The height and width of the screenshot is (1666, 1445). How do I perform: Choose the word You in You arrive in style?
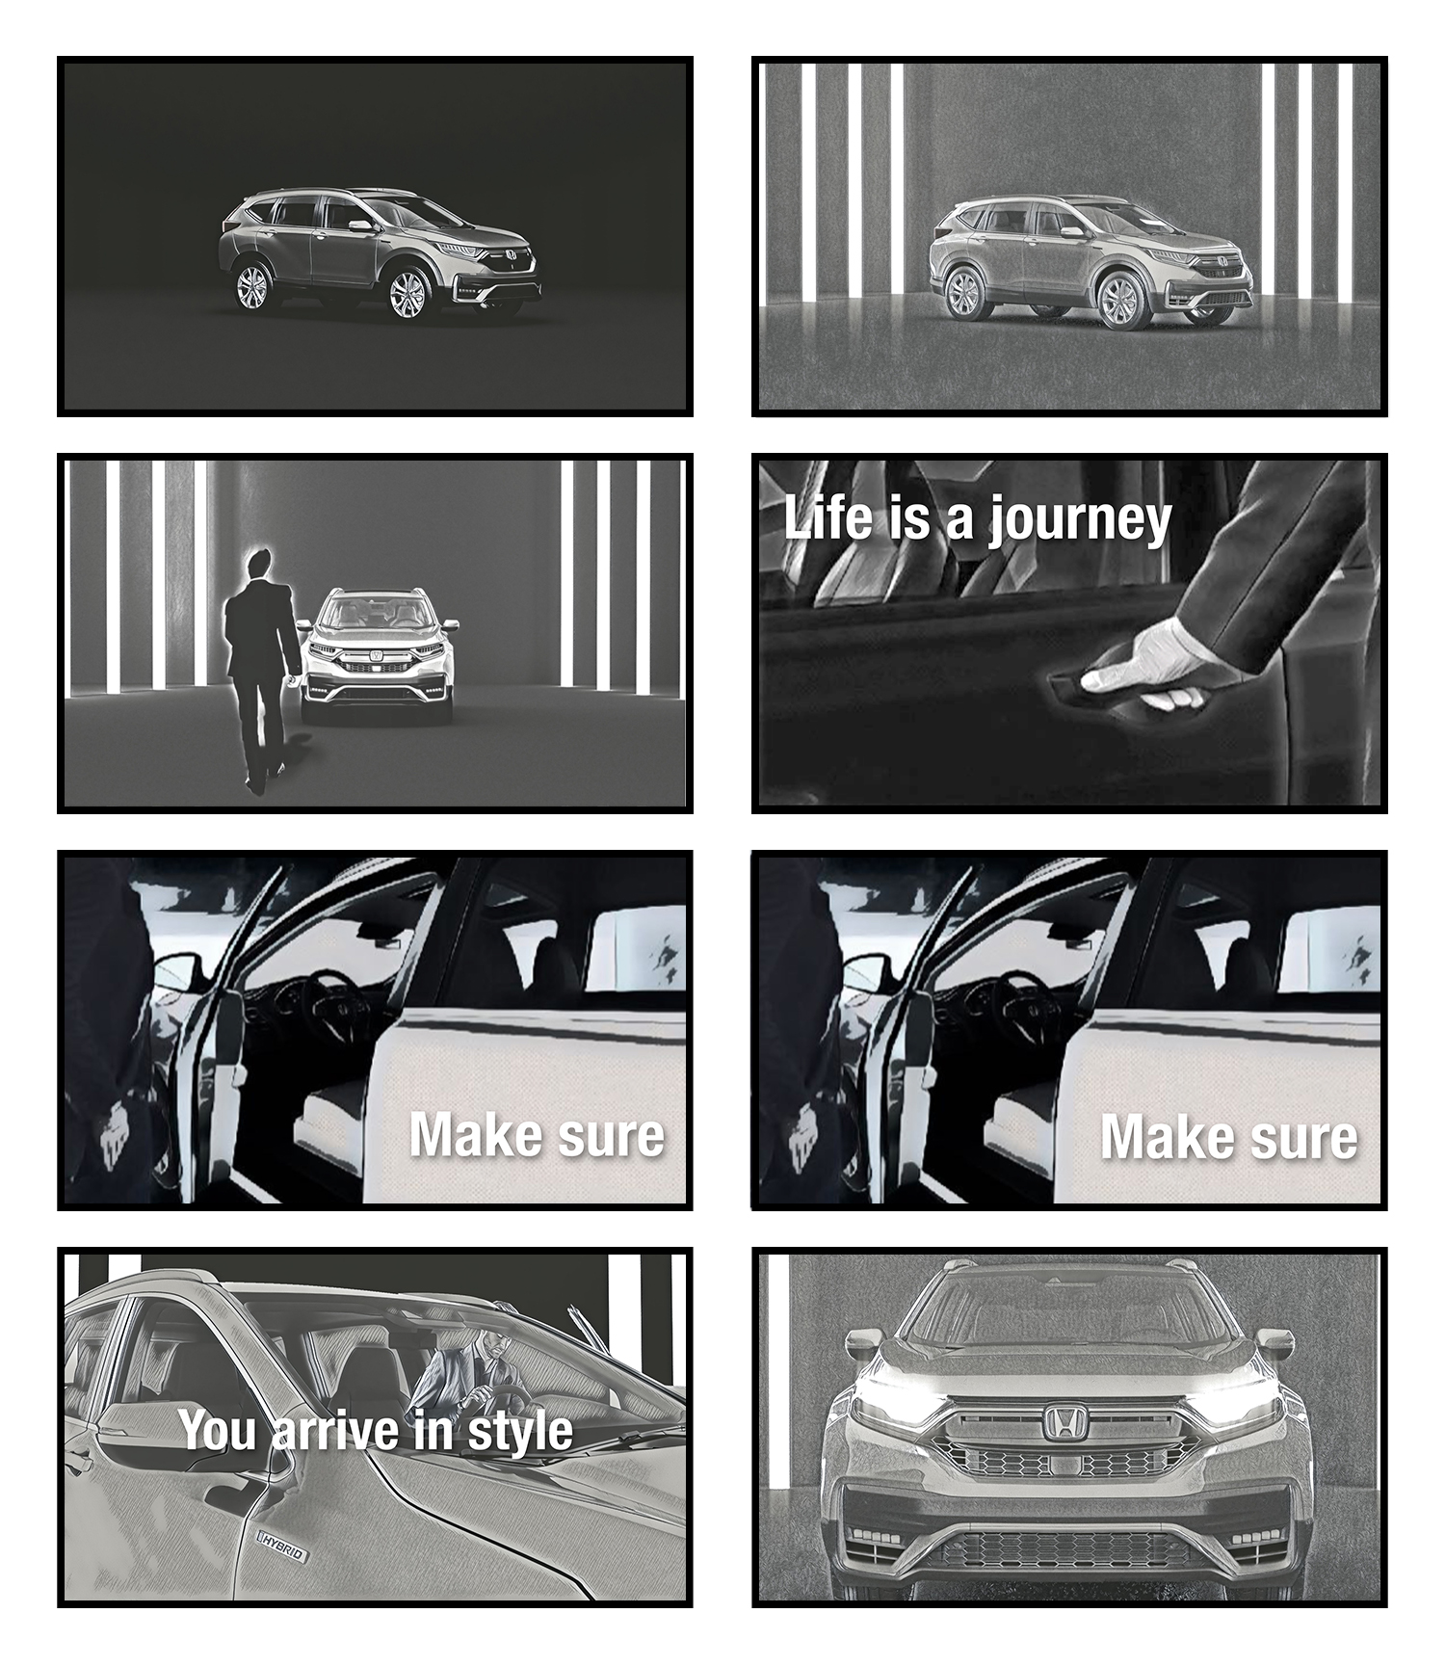click(218, 1429)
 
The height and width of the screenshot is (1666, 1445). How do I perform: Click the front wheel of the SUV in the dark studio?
click(407, 294)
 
